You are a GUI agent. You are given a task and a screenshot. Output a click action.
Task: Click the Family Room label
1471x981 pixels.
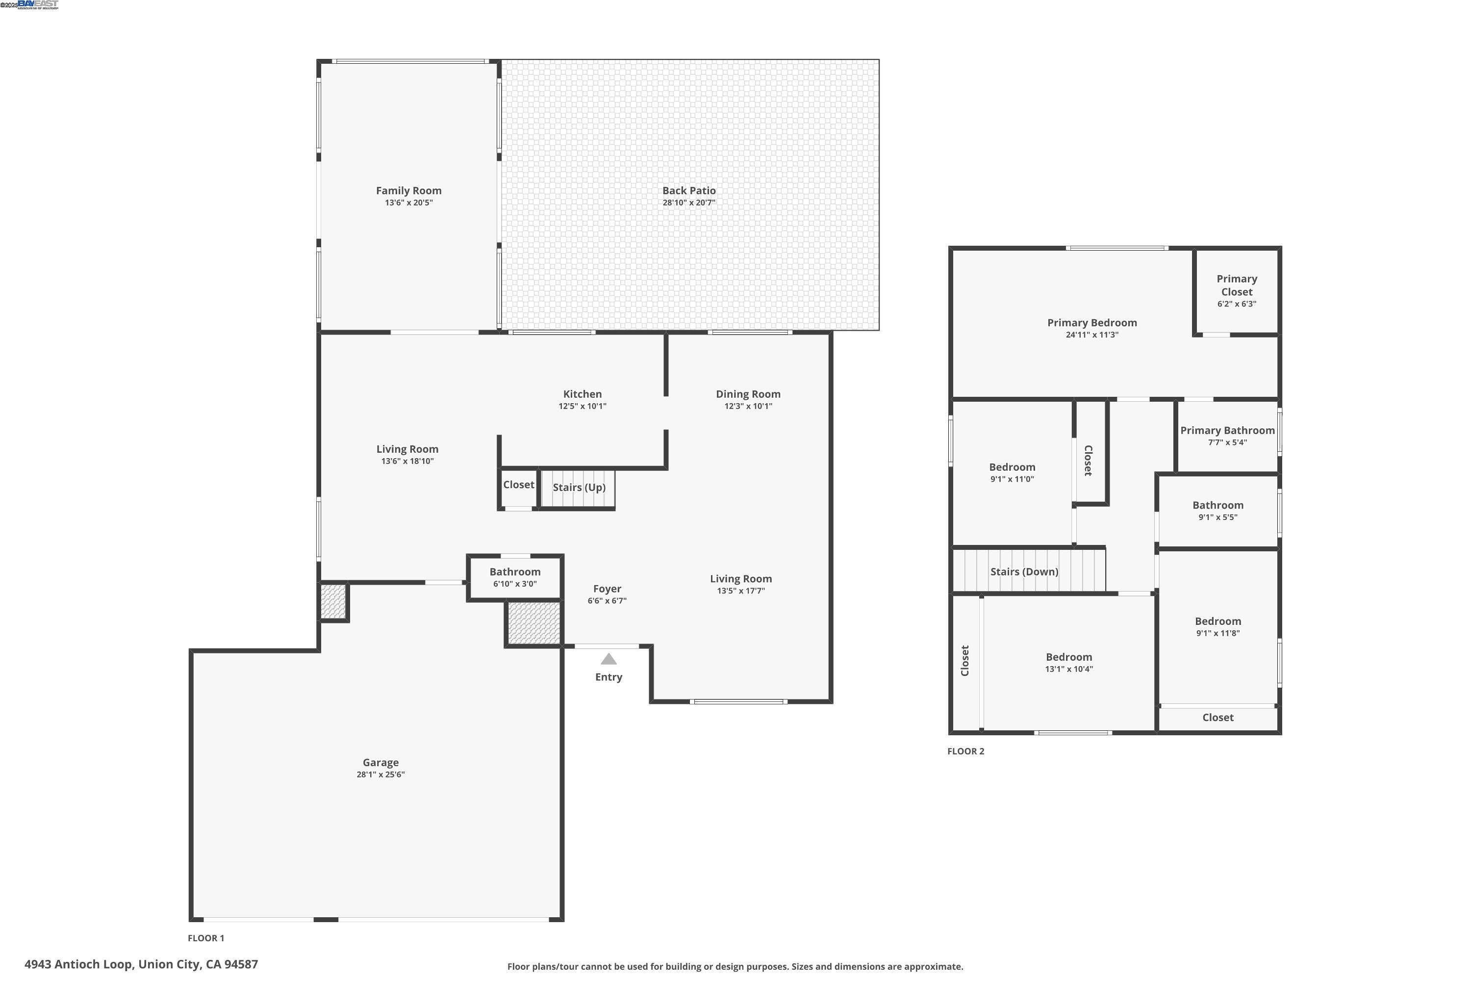408,191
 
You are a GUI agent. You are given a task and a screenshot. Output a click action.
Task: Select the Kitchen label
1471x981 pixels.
583,394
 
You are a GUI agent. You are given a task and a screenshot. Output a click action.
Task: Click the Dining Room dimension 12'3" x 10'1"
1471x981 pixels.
748,406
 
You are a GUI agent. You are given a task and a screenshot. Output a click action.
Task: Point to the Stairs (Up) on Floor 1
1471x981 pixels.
579,488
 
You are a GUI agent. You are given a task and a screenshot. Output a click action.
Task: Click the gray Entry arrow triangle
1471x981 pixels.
609,659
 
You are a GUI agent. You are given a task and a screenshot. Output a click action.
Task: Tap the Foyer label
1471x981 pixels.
607,589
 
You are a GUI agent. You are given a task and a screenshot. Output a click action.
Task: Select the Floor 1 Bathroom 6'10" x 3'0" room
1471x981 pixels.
515,577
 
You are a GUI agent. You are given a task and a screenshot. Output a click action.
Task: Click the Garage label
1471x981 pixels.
380,763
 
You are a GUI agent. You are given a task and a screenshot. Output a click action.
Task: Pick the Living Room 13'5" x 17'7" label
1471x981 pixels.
740,579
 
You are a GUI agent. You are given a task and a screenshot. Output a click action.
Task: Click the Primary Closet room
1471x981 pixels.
1237,291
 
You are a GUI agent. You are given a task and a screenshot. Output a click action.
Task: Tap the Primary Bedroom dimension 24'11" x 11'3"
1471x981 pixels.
1092,335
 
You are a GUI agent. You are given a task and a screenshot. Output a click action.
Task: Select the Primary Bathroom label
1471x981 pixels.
1227,431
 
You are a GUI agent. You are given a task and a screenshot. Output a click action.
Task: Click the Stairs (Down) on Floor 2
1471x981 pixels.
1024,572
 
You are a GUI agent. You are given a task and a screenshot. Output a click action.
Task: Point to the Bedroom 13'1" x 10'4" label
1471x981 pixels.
1069,657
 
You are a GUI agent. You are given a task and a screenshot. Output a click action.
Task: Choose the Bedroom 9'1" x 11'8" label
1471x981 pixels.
1217,621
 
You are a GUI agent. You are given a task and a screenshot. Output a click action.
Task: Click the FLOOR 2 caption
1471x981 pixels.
965,751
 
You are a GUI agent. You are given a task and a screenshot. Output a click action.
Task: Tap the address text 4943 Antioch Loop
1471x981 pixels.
141,964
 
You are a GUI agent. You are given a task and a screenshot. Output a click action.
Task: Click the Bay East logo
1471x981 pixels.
38,5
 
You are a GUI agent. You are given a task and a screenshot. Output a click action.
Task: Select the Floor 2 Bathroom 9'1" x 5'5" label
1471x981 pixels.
1217,506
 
